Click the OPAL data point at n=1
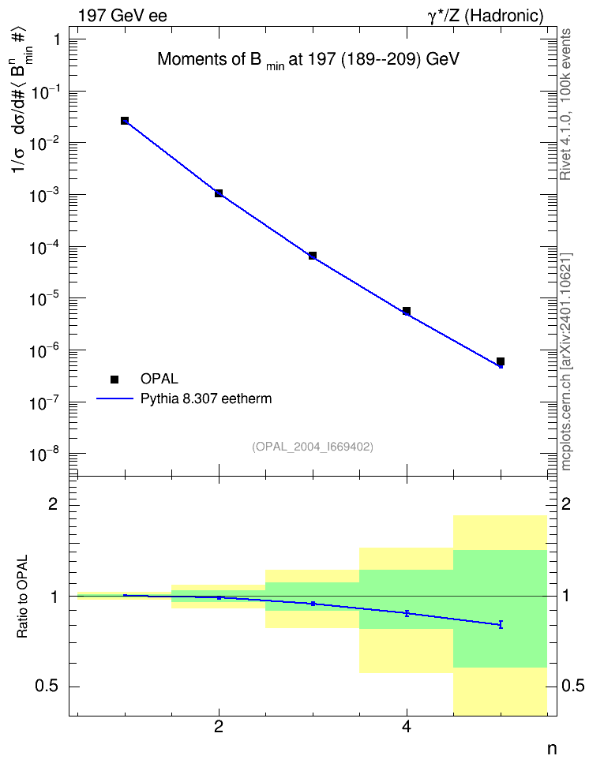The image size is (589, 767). pos(125,121)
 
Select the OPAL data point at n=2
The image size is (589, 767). pos(219,193)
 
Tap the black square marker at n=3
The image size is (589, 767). pos(313,256)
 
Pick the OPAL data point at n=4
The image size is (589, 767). pos(407,311)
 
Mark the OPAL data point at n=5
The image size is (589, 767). pos(501,361)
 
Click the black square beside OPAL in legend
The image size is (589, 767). pos(114,379)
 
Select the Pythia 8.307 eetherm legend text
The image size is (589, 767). pos(206,398)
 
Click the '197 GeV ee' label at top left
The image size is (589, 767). pos(123,16)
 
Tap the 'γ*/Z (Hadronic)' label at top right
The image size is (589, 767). pos(486,16)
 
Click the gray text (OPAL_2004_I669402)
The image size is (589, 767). pos(313,447)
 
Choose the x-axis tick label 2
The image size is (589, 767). pos(219,727)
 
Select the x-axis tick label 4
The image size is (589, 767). pos(407,727)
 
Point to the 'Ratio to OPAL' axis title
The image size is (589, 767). pos(22,597)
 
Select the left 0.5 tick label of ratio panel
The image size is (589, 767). pos(47,687)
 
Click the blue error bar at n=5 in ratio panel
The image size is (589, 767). pos(501,624)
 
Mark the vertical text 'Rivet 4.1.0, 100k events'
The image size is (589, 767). pos(565,104)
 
